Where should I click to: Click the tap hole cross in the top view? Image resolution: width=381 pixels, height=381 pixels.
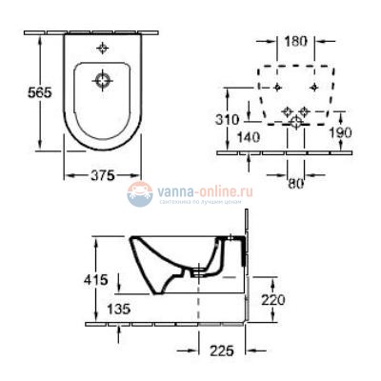104,47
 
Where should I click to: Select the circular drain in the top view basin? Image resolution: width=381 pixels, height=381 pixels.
104,83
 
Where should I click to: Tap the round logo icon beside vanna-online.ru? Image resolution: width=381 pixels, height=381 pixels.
140,194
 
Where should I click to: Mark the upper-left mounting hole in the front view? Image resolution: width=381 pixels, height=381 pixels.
275,87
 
